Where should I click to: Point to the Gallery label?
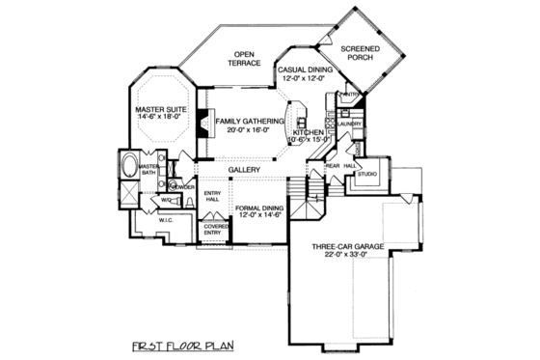[x=245, y=170]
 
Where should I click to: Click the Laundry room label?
[x=350, y=125]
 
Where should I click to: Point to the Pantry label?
[x=348, y=94]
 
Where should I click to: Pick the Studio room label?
[x=367, y=174]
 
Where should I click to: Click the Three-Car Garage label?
[x=348, y=247]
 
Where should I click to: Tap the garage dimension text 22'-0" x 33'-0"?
[x=348, y=257]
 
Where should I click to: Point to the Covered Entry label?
[x=215, y=229]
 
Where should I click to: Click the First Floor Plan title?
[x=184, y=345]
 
